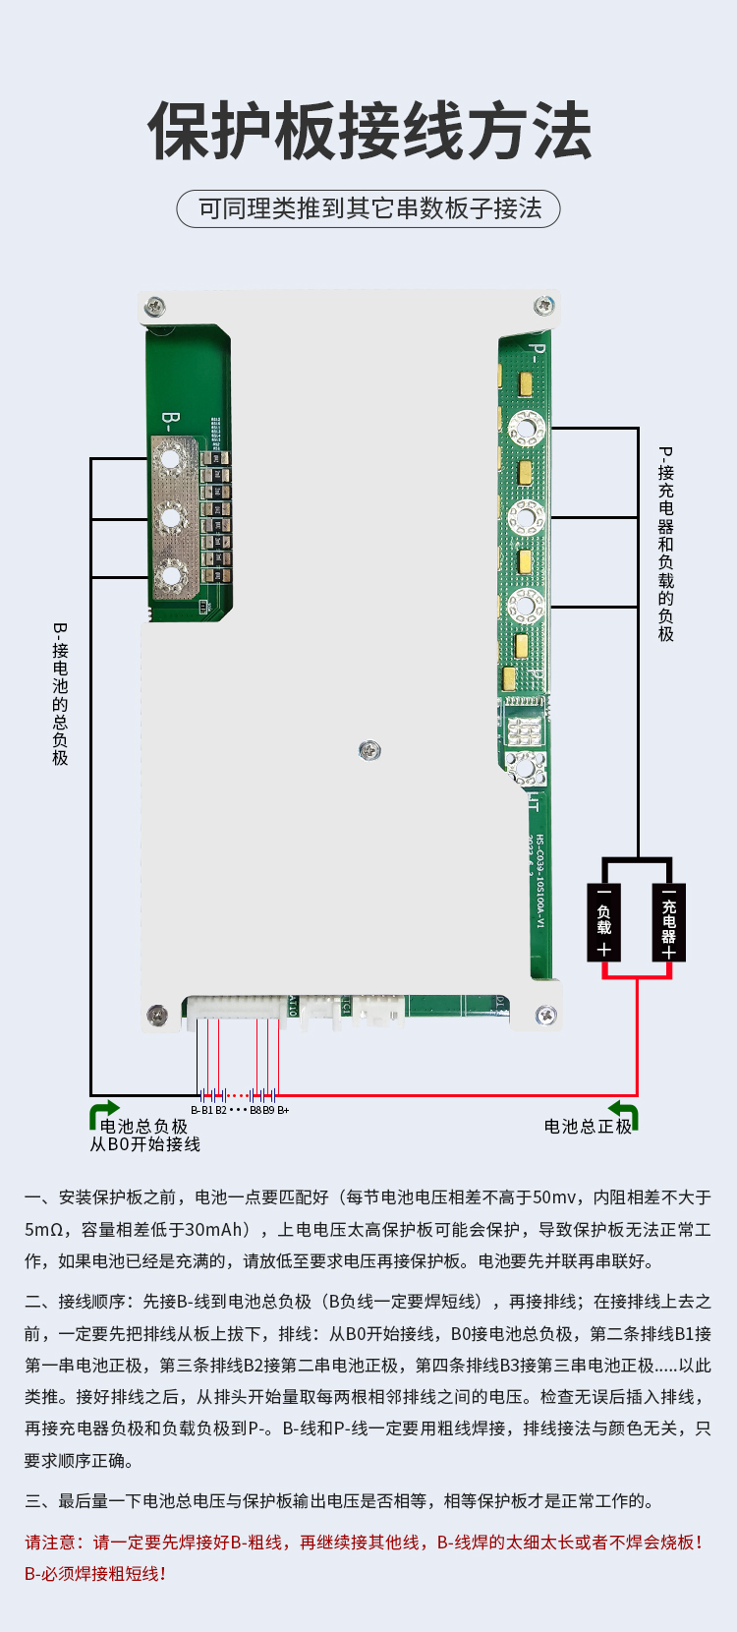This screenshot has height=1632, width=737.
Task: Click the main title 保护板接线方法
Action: tap(368, 131)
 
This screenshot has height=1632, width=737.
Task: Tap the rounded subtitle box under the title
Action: tap(368, 208)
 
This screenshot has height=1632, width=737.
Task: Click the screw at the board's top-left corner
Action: tap(156, 308)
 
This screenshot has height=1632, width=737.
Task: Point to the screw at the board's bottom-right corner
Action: tap(542, 1016)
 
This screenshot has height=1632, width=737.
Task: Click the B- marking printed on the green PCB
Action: tap(169, 423)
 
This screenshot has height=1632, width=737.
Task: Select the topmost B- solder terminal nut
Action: tap(171, 458)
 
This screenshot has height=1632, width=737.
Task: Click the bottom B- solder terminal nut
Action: tap(171, 577)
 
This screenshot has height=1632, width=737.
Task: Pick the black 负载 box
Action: tap(604, 920)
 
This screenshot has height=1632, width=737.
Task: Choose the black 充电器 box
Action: tap(669, 920)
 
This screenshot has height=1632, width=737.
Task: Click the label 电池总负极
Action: tap(143, 1127)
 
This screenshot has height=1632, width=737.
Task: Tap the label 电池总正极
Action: tap(588, 1127)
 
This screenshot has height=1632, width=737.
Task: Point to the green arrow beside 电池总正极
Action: tap(625, 1114)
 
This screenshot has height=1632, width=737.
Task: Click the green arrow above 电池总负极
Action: tap(103, 1113)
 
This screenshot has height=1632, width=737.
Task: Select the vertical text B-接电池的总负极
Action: tap(61, 693)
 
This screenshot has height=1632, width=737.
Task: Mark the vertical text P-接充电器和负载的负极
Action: tap(666, 544)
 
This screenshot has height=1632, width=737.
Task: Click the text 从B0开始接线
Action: tap(144, 1144)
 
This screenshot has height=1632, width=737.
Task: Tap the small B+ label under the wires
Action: tap(283, 1110)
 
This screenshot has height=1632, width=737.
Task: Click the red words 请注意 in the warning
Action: tap(54, 1543)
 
